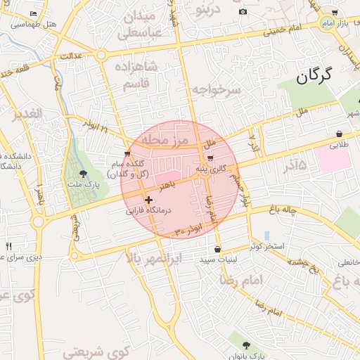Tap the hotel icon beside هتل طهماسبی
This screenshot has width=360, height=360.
click(33, 13)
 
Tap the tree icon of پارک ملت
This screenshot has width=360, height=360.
click(83, 173)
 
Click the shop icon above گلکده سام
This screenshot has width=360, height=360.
click(127, 154)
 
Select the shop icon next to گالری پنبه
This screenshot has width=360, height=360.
click(210, 157)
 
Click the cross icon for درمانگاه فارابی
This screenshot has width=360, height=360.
click(148, 200)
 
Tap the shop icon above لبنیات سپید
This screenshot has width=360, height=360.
click(217, 249)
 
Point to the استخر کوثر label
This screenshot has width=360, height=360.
click(266, 246)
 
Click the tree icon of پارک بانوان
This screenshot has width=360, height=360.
click(245, 345)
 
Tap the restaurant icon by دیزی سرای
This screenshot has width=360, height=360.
click(8, 246)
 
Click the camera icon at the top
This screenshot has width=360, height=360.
click(243, 11)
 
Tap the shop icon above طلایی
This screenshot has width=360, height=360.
click(340, 134)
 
